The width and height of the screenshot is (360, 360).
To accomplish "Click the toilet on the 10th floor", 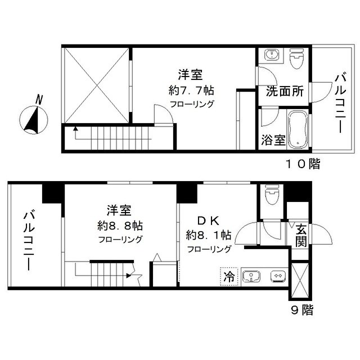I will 296,58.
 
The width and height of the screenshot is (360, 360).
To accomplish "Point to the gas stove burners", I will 277,276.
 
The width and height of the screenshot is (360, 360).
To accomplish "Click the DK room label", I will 204,221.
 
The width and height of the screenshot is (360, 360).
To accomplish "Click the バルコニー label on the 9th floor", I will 28,239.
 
